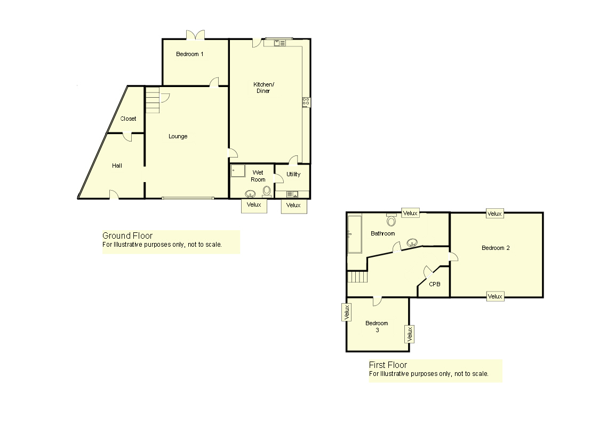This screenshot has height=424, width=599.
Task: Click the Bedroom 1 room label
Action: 190,54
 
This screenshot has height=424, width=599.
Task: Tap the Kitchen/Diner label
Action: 263,88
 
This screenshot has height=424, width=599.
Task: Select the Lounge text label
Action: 178,136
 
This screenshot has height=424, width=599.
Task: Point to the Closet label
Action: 128,119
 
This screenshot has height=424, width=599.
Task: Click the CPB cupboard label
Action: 435,284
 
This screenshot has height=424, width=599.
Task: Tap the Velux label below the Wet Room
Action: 254,205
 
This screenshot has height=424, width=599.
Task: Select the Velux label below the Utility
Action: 293,205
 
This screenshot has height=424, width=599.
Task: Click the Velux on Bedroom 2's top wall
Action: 494,214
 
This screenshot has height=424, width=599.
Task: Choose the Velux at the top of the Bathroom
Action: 410,213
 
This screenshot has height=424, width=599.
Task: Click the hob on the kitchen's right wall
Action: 306,101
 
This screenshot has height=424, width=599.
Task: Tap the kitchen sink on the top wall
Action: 279,43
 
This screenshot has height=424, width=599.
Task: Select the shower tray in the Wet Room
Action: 238,170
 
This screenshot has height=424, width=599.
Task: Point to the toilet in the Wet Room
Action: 267,190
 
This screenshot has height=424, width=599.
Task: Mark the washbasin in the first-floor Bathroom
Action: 411,242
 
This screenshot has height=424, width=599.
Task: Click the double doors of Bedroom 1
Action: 195,35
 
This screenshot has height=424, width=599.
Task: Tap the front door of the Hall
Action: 114,195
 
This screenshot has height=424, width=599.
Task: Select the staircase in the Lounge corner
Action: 153,100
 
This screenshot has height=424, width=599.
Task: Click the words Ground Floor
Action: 127,235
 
